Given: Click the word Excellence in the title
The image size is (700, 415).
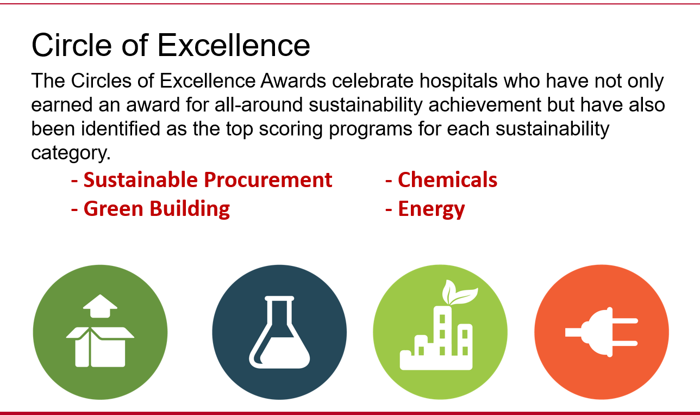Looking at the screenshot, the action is [x=234, y=45].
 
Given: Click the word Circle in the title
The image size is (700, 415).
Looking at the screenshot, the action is [x=72, y=45].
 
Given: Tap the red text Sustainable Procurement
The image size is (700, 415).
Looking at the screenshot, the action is [x=208, y=180].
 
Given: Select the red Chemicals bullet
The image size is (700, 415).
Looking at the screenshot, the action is [x=447, y=180].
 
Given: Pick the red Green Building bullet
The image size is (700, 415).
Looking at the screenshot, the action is [x=157, y=209].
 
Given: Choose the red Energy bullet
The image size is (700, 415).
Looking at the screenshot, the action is [x=432, y=209].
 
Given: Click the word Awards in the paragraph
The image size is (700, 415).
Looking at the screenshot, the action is [x=293, y=81].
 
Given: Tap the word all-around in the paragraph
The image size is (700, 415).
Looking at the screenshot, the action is [x=259, y=105].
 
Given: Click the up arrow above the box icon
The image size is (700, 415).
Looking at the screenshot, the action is [x=100, y=306].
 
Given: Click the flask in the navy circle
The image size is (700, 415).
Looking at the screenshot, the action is [x=279, y=332].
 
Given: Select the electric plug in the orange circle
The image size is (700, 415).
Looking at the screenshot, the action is [x=602, y=332].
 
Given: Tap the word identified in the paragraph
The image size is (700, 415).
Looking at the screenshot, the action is [x=121, y=129].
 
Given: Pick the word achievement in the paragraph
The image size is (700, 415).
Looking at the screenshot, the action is [x=485, y=105].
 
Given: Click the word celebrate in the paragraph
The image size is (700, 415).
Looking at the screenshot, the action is [x=373, y=81].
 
